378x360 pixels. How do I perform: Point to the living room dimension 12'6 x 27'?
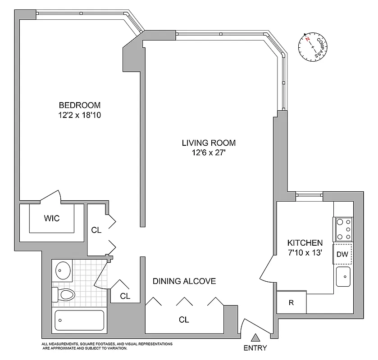pos(209,153)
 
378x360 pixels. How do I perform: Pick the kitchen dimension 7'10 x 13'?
pos(305,252)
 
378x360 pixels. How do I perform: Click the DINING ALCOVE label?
pos(184,281)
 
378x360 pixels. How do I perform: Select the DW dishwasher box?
pos(342,254)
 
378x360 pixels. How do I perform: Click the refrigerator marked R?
pos(291,302)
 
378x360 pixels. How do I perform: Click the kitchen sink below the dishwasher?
pos(343,275)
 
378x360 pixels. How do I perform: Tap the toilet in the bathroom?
pos(64,295)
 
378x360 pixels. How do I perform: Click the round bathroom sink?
pos(62,270)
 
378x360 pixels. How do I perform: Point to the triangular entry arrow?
pos(255,337)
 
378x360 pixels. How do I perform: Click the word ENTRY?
pos(255,348)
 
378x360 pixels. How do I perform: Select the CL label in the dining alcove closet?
pos(183,320)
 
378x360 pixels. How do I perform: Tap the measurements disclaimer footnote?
pos(107,346)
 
